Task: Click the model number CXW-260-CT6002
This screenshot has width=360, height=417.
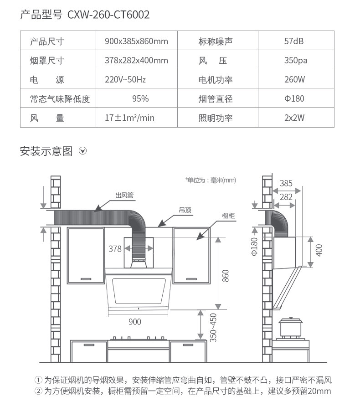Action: coord(108,15)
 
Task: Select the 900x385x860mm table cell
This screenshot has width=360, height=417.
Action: coord(136,41)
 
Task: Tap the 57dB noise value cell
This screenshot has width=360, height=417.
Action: coord(294,41)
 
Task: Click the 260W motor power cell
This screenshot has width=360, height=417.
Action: coord(294,80)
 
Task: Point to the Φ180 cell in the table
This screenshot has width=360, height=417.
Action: coord(294,99)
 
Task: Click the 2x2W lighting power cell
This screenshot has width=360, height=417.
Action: coord(294,118)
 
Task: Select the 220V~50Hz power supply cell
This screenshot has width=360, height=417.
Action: coord(125,80)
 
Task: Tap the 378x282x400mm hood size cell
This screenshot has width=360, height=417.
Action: coord(136,61)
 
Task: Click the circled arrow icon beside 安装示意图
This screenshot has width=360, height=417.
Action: coord(82,151)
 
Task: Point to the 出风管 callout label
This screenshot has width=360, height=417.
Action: coord(124,196)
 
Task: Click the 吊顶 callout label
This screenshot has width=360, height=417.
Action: coord(185,210)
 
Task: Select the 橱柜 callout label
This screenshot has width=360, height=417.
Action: coord(228,216)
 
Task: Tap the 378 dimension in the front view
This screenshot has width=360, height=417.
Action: coord(115,249)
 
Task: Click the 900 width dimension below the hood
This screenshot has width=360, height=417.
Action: coord(135,322)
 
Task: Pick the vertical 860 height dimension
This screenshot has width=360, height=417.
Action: coord(225,275)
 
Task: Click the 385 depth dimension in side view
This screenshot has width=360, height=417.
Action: coord(286,184)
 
